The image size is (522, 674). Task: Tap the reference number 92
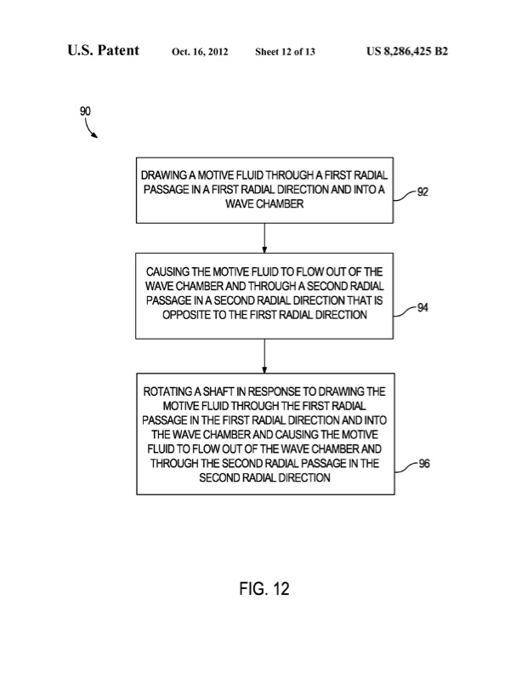tap(423, 192)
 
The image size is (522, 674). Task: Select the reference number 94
tap(423, 308)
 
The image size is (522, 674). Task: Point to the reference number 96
tap(423, 466)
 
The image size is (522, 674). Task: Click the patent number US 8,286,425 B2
tap(406, 51)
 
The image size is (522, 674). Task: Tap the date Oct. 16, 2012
tap(201, 52)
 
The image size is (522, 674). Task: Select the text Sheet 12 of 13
tap(286, 52)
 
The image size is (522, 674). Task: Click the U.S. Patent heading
tap(104, 51)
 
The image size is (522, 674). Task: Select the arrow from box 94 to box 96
tap(266, 356)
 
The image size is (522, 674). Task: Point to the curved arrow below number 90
tap(90, 129)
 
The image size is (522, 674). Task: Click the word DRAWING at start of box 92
tap(166, 174)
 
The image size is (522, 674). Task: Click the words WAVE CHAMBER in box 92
tap(264, 204)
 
